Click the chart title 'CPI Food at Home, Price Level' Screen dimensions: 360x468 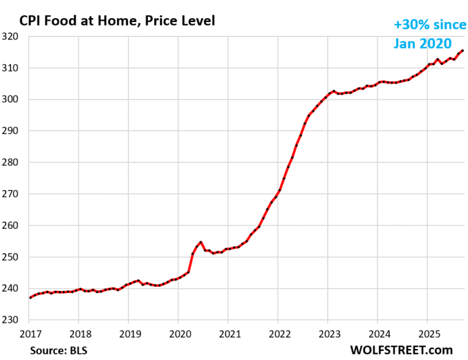(x=117, y=21)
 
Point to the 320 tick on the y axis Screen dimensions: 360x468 (x=13, y=37)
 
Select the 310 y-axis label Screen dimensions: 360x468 (x=13, y=68)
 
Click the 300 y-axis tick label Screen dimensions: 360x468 (x=13, y=100)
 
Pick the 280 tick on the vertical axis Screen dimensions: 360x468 (x=13, y=163)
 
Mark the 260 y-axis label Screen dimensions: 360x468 (x=13, y=226)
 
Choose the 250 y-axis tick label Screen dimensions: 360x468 (x=13, y=257)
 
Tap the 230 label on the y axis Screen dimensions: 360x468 (x=13, y=320)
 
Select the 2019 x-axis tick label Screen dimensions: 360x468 (x=128, y=333)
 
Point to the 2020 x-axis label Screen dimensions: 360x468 (x=178, y=333)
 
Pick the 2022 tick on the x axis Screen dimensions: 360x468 (x=278, y=333)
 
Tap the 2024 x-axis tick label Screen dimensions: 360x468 (x=377, y=333)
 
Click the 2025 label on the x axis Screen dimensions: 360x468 (x=427, y=333)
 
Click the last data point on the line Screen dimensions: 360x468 (x=462, y=51)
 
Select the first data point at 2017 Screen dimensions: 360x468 (x=29, y=298)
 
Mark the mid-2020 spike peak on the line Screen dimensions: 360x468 (x=200, y=242)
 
